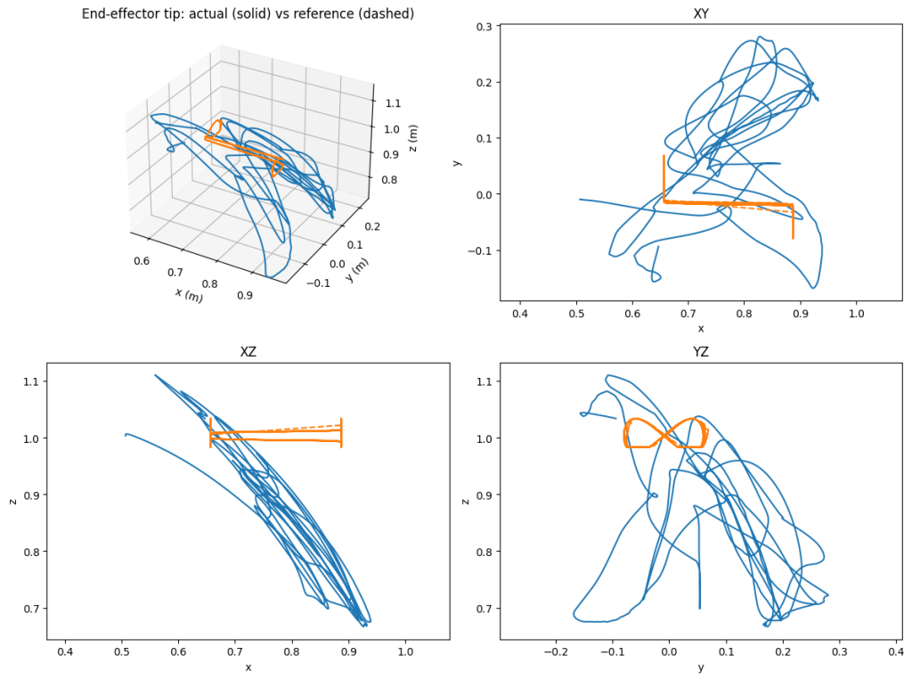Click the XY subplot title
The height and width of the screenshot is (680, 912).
point(700,14)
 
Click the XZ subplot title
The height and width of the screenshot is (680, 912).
point(248,352)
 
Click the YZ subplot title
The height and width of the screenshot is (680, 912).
point(700,352)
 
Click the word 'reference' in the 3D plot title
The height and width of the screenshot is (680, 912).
point(330,14)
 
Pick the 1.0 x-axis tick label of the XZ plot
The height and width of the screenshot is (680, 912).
point(406,653)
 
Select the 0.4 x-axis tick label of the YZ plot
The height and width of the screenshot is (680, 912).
point(894,653)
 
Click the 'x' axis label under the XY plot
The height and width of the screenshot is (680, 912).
point(700,329)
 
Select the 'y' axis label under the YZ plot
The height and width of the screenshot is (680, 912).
point(700,668)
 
